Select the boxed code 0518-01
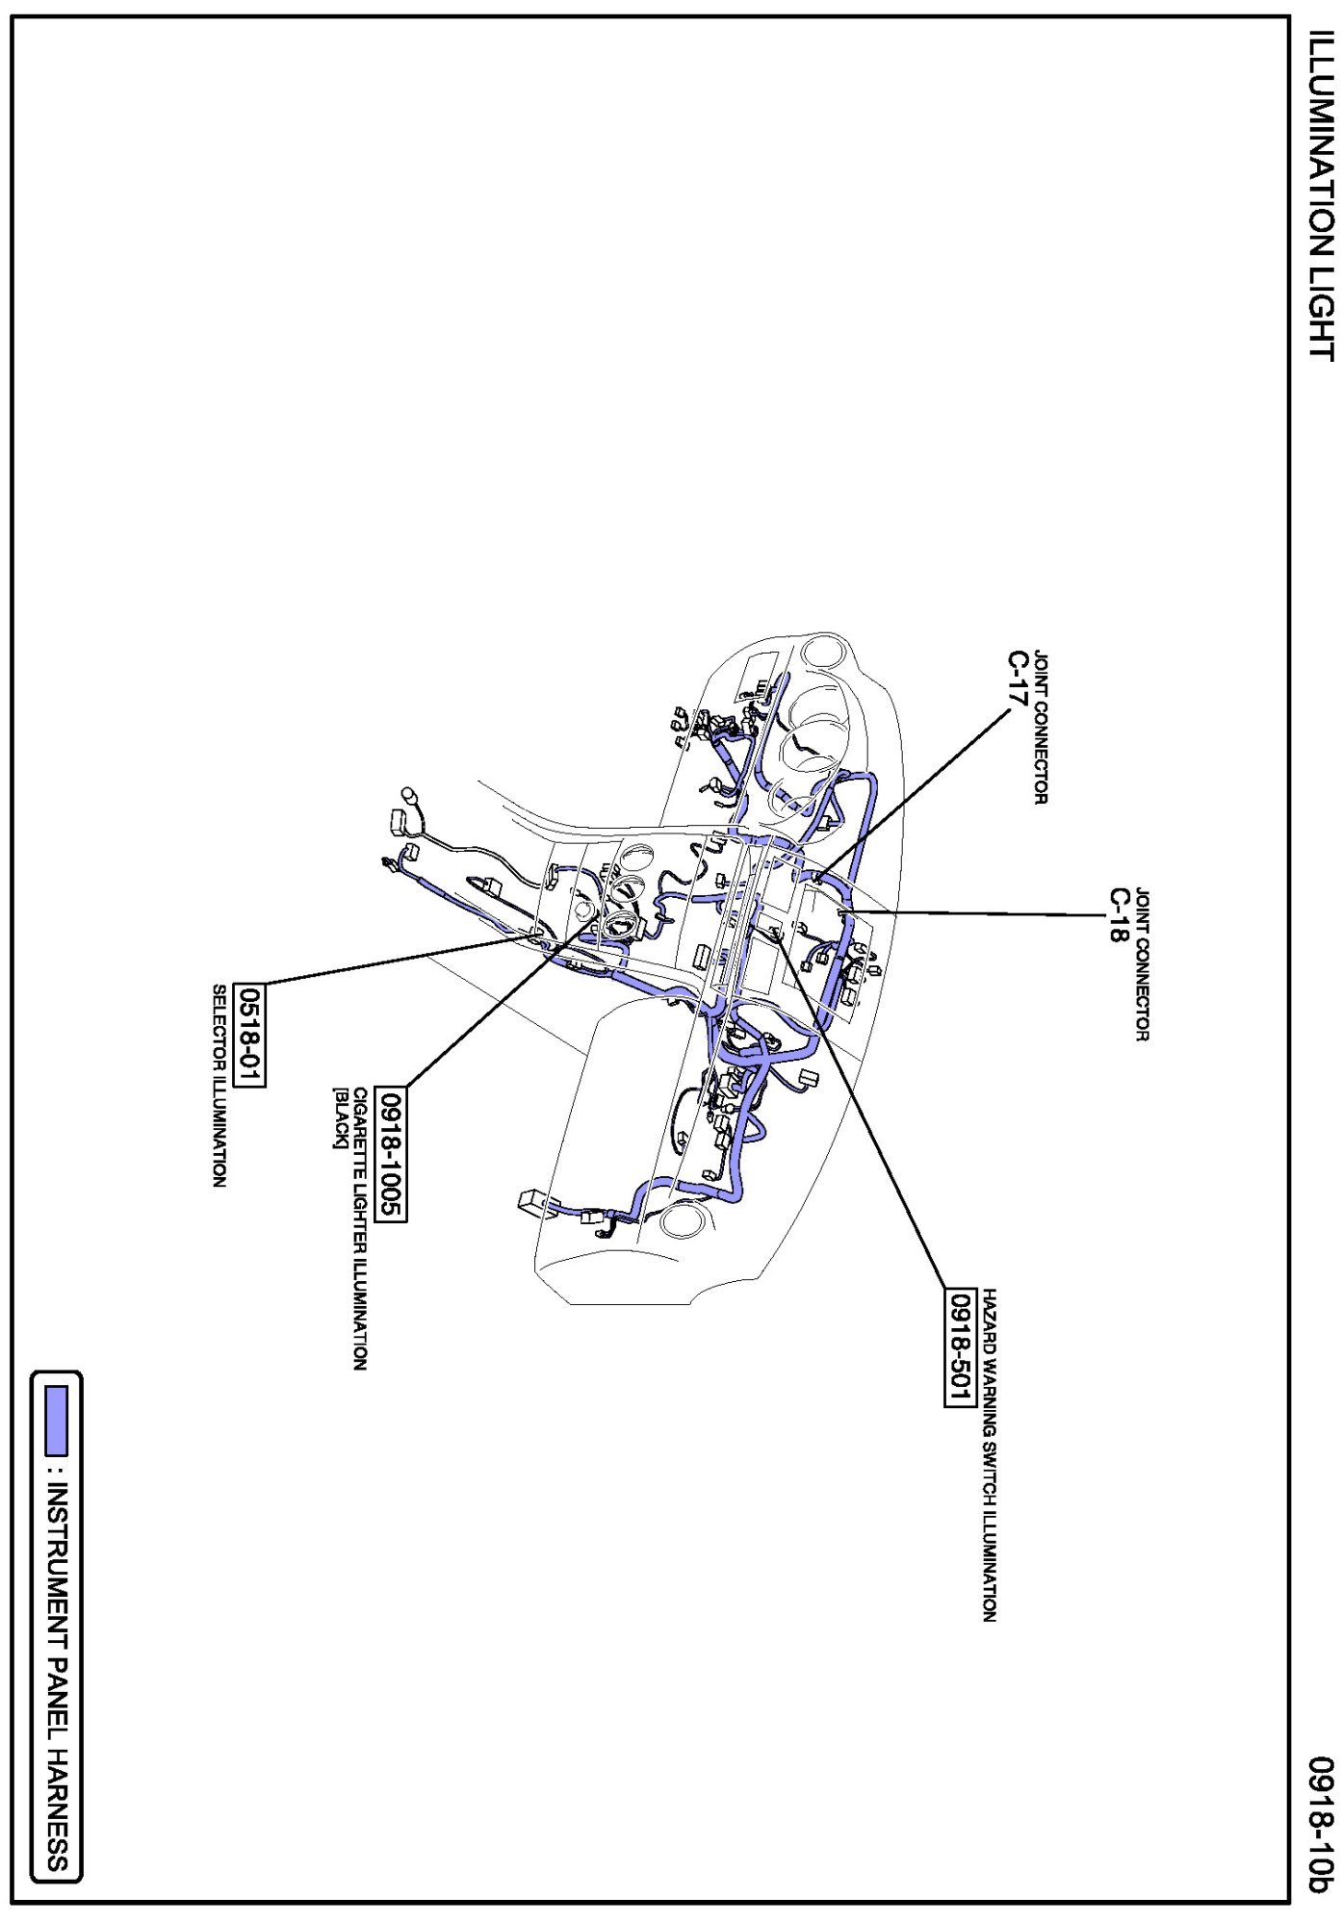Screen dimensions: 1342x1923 251,1035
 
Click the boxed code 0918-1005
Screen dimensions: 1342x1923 394,1154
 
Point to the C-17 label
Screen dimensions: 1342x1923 1018,679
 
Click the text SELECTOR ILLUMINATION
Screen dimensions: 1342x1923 219,1085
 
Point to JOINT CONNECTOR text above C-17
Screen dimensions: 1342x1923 1041,728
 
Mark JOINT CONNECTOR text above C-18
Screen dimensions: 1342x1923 1142,963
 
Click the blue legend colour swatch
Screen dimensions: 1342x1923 58,1420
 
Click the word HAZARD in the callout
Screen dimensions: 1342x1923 990,1319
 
